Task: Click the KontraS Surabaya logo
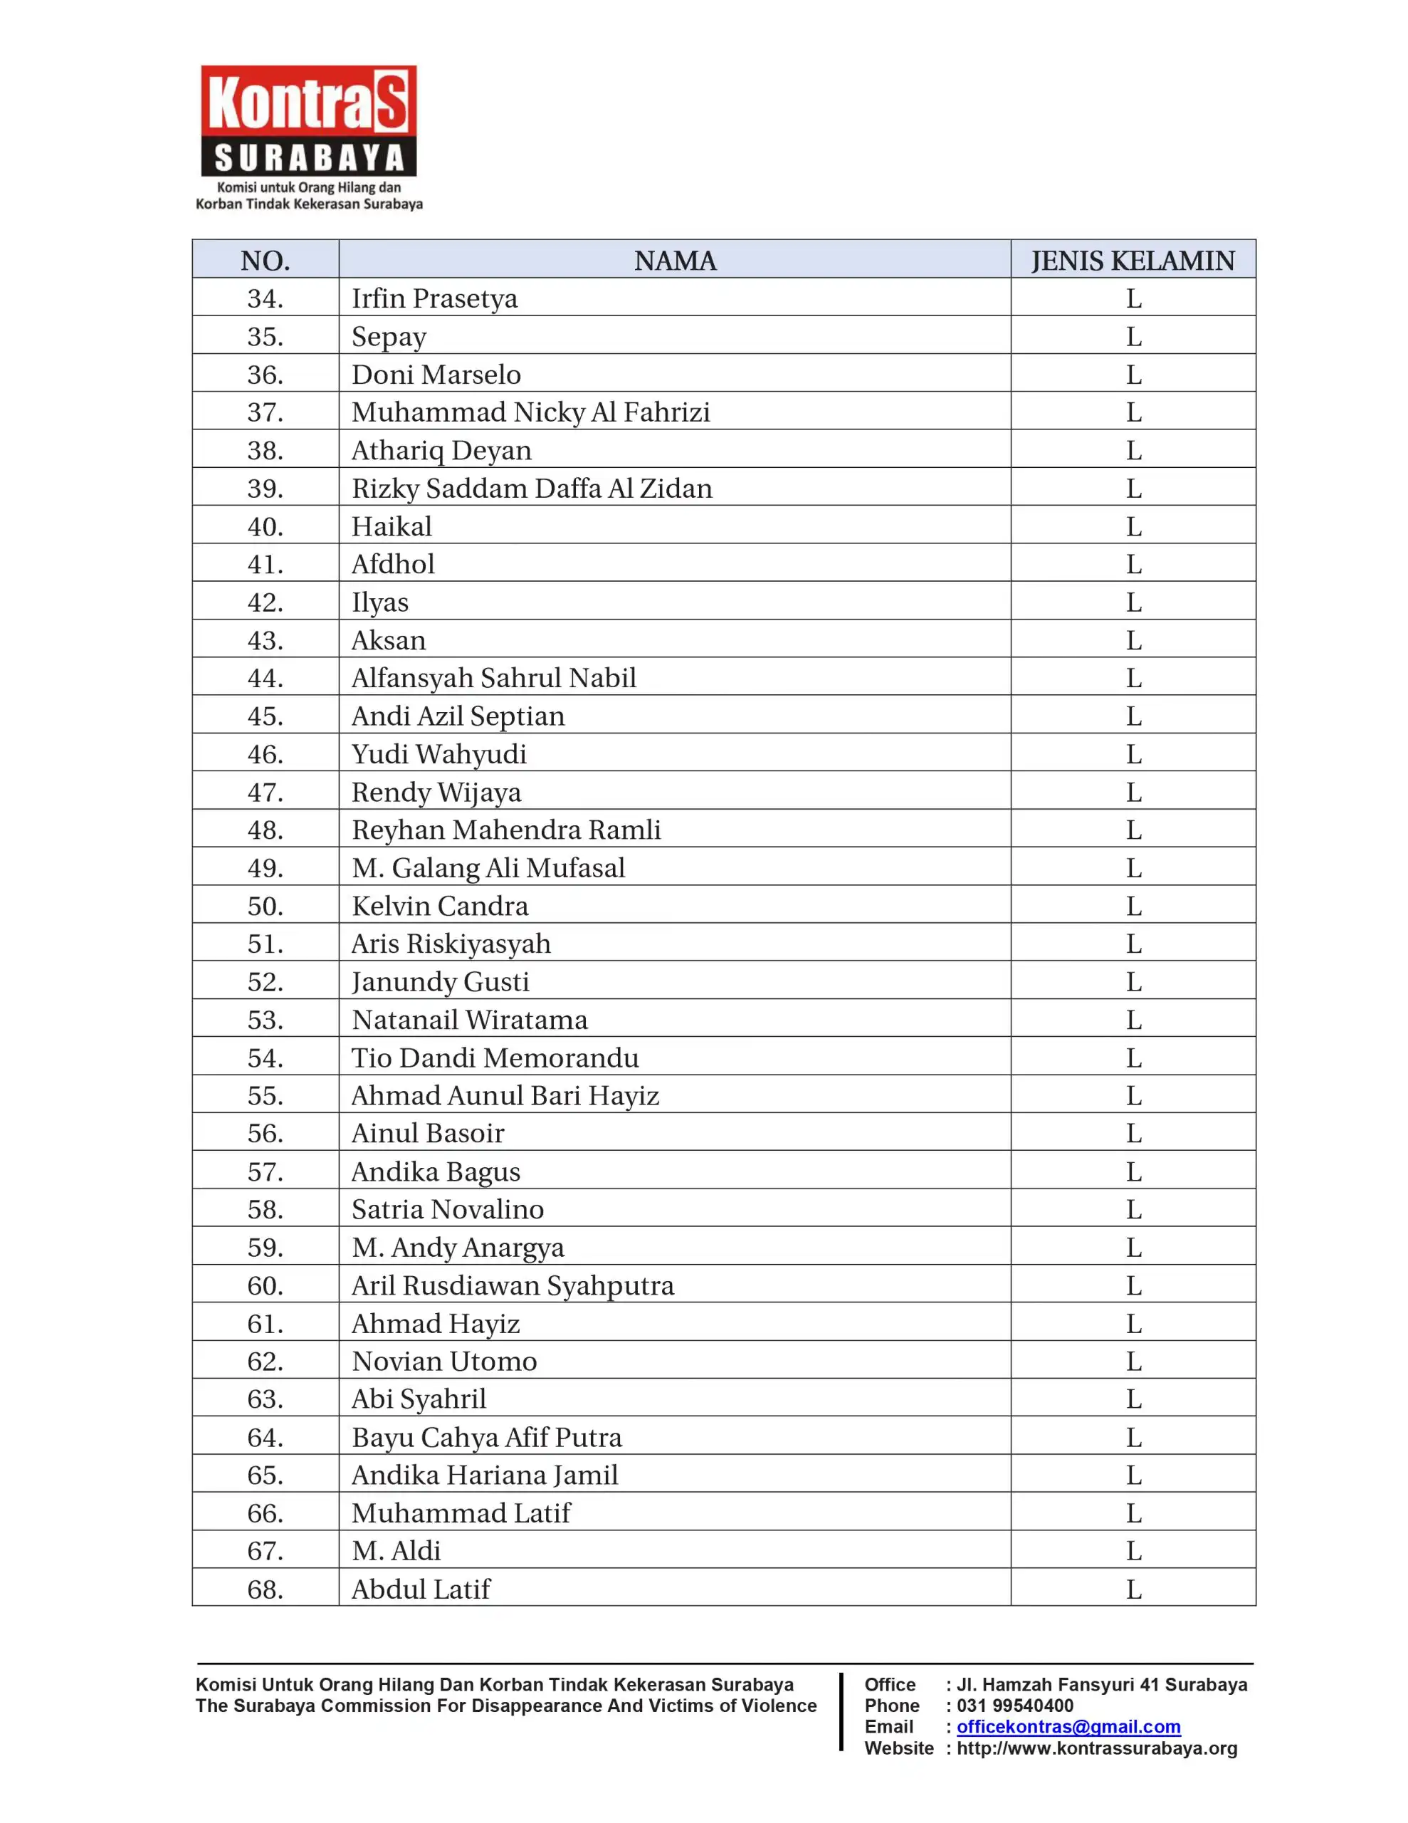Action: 309,137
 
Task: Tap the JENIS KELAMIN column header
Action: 1133,261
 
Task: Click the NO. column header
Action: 266,261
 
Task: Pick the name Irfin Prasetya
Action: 434,298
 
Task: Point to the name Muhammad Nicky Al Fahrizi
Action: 531,412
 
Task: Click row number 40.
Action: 266,527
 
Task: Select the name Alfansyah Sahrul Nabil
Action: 493,678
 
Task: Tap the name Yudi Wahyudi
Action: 439,753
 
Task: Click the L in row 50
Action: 1133,906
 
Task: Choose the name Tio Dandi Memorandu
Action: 495,1057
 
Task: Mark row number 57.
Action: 266,1171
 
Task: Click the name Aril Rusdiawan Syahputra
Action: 513,1285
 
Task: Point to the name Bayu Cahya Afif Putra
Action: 487,1437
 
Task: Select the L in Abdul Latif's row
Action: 1133,1589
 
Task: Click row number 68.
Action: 266,1589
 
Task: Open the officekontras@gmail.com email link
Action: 1068,1727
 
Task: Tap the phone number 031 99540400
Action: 1015,1706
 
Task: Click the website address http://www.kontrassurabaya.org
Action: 1097,1749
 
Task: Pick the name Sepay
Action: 389,336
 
